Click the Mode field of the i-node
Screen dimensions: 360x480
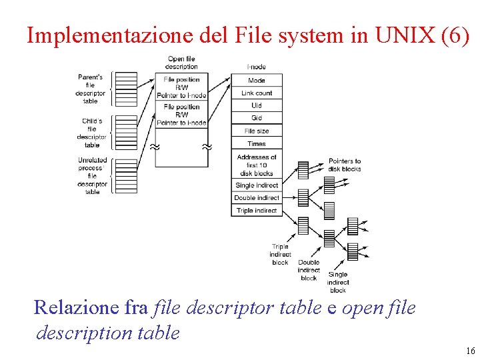click(x=257, y=81)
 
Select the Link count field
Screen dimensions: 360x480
click(x=257, y=93)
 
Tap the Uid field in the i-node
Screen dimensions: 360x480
click(x=257, y=105)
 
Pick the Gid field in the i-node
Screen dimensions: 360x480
click(x=257, y=118)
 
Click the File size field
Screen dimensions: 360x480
click(x=257, y=131)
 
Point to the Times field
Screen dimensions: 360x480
click(x=257, y=143)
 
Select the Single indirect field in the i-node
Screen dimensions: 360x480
click(x=257, y=185)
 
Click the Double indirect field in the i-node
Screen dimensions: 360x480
click(x=257, y=198)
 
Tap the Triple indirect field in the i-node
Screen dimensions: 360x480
click(x=257, y=211)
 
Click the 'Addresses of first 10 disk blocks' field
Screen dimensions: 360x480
click(x=257, y=165)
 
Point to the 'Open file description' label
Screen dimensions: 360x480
click(x=181, y=63)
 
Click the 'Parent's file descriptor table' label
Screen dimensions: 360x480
click(x=90, y=89)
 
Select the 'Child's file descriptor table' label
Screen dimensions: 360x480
click(x=91, y=133)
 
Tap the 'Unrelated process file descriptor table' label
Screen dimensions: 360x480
click(x=92, y=176)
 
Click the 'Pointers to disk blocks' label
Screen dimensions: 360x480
click(x=345, y=165)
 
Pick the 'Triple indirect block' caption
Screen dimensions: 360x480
click(x=280, y=254)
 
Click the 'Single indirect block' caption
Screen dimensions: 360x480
click(x=338, y=282)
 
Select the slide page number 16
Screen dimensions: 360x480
click(x=471, y=351)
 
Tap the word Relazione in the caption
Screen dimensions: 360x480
click(x=76, y=307)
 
